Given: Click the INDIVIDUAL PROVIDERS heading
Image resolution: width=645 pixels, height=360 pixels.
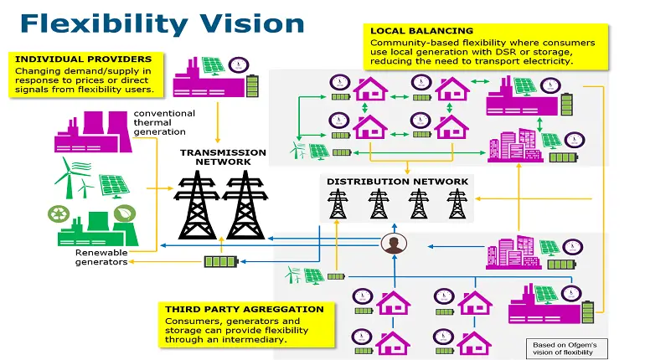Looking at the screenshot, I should pos(83,59).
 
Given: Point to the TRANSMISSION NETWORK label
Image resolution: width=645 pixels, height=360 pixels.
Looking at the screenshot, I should pos(223,158).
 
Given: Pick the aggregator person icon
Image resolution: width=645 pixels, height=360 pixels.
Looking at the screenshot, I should pos(392,244).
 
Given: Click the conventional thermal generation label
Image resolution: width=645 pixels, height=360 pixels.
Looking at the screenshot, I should pos(164,122).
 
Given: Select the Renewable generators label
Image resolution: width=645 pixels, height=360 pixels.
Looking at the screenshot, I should pos(101,257).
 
